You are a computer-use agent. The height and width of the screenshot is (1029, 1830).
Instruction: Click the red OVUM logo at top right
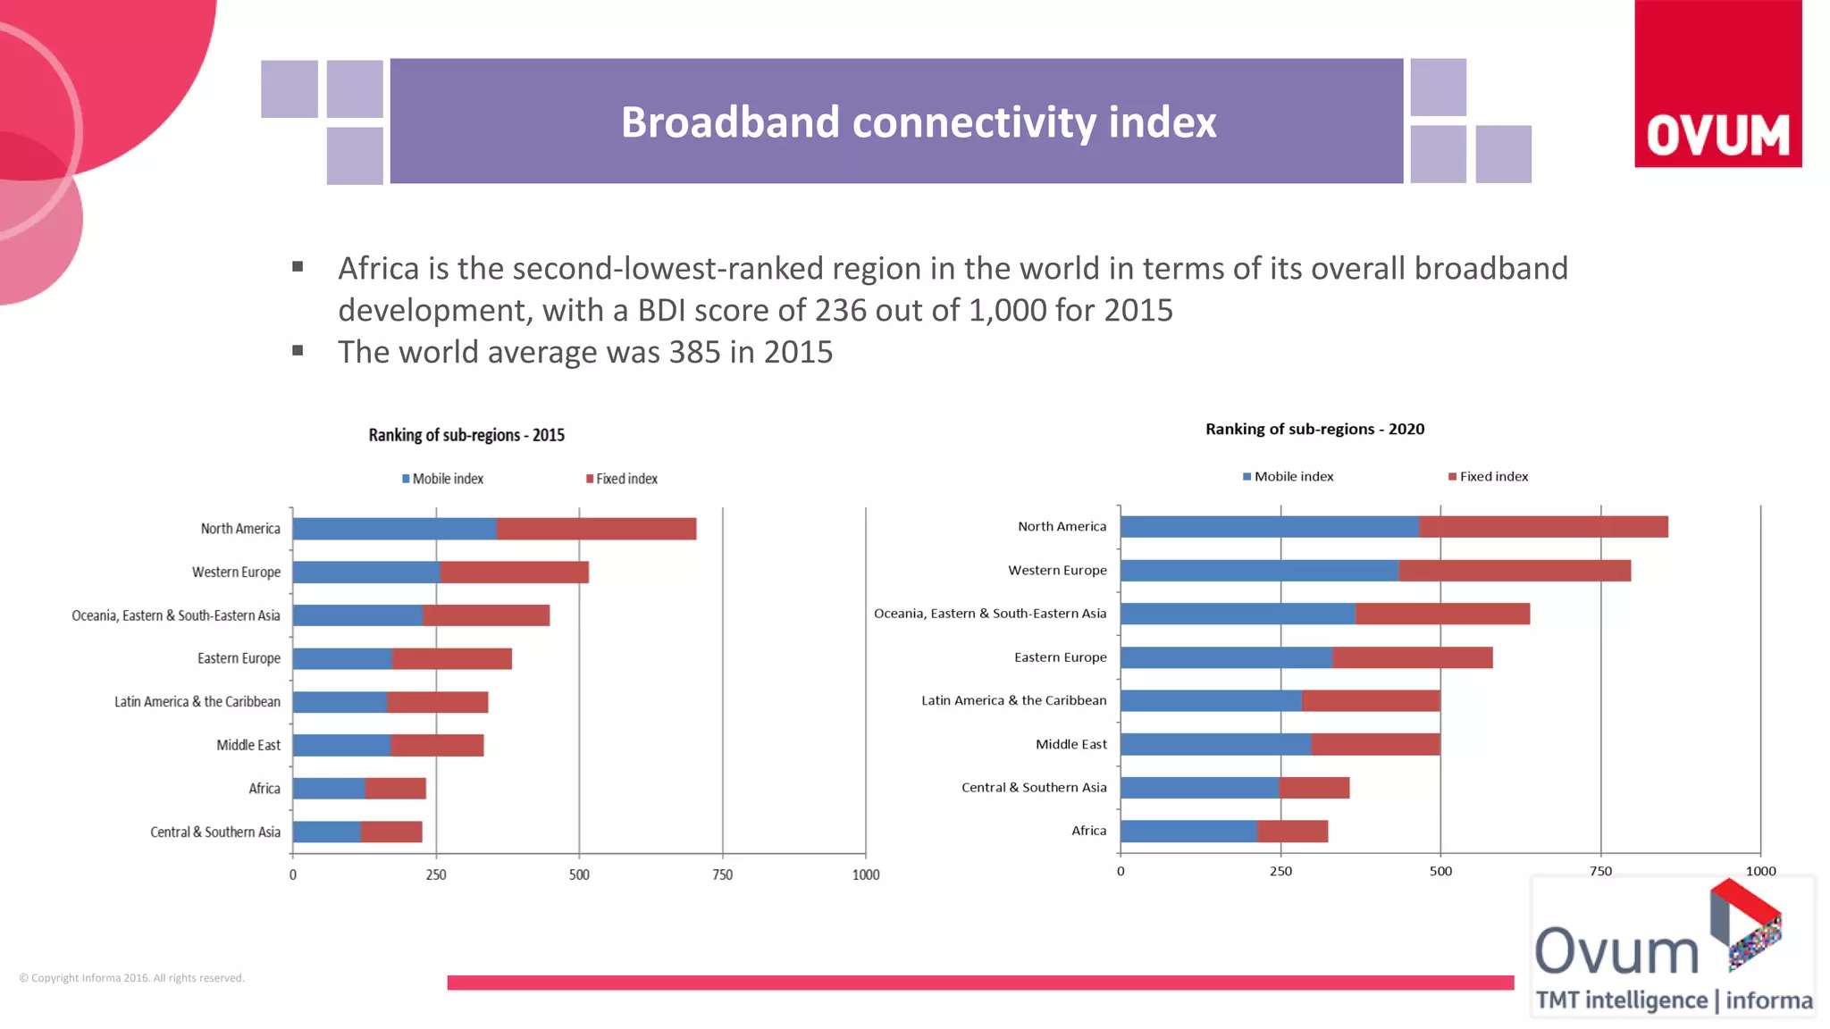pos(1717,85)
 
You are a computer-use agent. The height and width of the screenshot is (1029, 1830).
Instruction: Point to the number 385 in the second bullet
pos(694,352)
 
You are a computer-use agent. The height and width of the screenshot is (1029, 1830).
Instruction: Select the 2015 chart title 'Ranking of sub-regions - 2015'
pos(466,435)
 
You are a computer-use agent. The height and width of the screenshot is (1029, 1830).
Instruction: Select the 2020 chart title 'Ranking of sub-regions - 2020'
pos(1314,429)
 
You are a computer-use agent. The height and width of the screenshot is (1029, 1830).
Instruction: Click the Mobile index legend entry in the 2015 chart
pos(443,479)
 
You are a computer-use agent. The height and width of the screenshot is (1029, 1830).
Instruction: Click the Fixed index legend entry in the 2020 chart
pos(1489,476)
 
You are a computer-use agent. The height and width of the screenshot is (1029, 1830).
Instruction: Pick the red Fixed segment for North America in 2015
pos(596,529)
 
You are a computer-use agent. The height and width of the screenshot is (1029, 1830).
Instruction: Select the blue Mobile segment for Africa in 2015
pos(329,789)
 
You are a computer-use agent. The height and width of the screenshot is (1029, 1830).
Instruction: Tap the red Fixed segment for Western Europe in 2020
pos(1515,571)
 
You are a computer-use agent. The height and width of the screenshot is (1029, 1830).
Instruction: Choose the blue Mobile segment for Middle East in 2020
pos(1215,744)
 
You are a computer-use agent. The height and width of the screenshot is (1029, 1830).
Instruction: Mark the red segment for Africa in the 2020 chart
pos(1292,832)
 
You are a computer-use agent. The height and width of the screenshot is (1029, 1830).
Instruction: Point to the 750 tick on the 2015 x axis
pos(722,874)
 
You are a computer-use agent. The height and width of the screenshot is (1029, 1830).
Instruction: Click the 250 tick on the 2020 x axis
pos(1280,871)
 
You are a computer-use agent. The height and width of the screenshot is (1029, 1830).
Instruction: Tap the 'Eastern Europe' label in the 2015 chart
pos(239,658)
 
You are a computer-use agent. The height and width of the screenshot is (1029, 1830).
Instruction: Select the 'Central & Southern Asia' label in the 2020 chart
pos(1034,787)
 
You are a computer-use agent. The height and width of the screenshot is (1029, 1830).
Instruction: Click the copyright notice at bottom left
pos(132,978)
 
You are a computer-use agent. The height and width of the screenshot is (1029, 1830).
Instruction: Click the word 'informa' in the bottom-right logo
pos(1768,1000)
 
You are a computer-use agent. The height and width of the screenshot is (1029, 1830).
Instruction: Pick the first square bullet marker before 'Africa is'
pos(298,266)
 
